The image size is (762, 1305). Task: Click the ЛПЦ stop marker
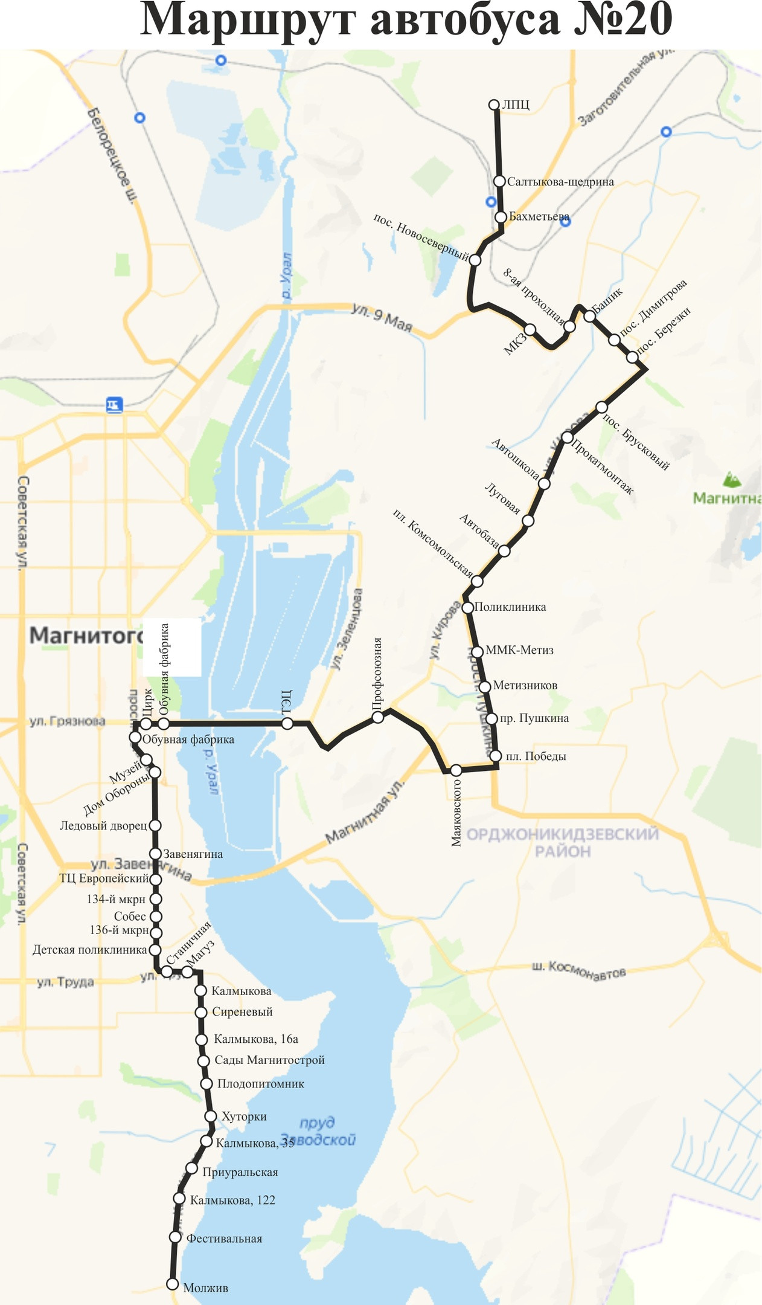coord(494,105)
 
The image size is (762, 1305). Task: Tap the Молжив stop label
coord(205,1287)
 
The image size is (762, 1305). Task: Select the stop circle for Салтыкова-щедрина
coord(499,181)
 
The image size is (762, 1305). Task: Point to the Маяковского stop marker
coord(456,770)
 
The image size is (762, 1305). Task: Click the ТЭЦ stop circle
coord(287,723)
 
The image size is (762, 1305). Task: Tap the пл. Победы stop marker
coord(496,756)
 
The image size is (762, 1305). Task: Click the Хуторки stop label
coord(244,1116)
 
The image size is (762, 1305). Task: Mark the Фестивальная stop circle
coord(175,1237)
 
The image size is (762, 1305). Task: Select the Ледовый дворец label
coord(103,825)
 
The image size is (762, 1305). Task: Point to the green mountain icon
coord(733,480)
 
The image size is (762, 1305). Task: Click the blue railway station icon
coord(114,404)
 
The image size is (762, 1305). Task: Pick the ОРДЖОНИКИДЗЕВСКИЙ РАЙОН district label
coord(563,843)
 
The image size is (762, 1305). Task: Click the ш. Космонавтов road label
coord(578,970)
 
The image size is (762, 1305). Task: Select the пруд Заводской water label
coord(318,1131)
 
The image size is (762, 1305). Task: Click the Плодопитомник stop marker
coord(206,1083)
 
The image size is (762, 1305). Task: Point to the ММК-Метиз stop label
coord(519,651)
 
